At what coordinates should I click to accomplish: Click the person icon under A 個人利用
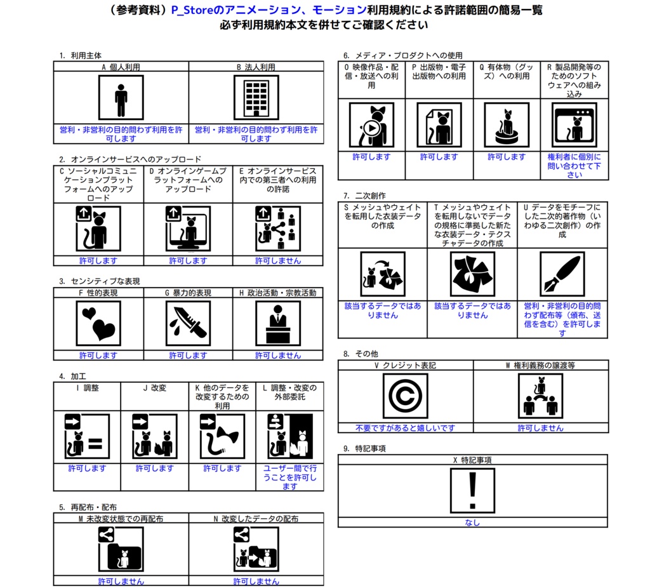coord(121,98)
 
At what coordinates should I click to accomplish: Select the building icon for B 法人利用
coord(256,98)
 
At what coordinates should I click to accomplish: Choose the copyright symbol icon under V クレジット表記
coord(405,396)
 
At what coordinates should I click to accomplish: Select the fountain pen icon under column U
coord(562,274)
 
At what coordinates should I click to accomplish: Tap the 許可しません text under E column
coord(278,260)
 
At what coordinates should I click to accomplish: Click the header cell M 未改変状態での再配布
coord(121,519)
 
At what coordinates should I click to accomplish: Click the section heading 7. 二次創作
coord(364,196)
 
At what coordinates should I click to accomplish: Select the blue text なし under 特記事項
coord(472,523)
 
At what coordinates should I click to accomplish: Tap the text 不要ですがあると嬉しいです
coord(405,428)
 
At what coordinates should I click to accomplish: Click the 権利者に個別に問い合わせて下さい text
coord(574,166)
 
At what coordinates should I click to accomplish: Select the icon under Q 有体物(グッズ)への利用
coord(506,125)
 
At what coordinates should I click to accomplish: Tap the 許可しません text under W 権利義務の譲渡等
coord(540,428)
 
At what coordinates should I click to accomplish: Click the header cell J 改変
coord(154,387)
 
